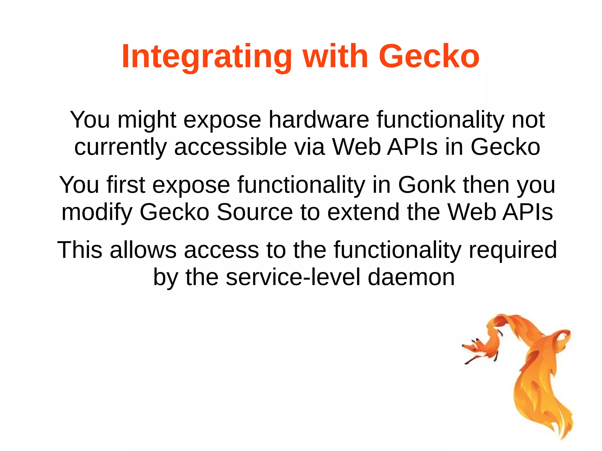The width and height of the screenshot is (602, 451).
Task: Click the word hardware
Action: click(x=319, y=120)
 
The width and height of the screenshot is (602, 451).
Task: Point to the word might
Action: click(x=147, y=120)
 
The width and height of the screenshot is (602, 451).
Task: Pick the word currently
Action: click(x=120, y=147)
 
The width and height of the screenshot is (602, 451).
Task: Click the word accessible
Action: click(x=230, y=147)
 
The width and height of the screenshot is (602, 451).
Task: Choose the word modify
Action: click(x=97, y=212)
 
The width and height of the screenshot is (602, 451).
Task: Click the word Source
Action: click(x=255, y=212)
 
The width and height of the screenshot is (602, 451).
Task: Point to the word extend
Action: click(x=363, y=212)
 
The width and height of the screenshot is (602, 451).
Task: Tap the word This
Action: click(x=80, y=250)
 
